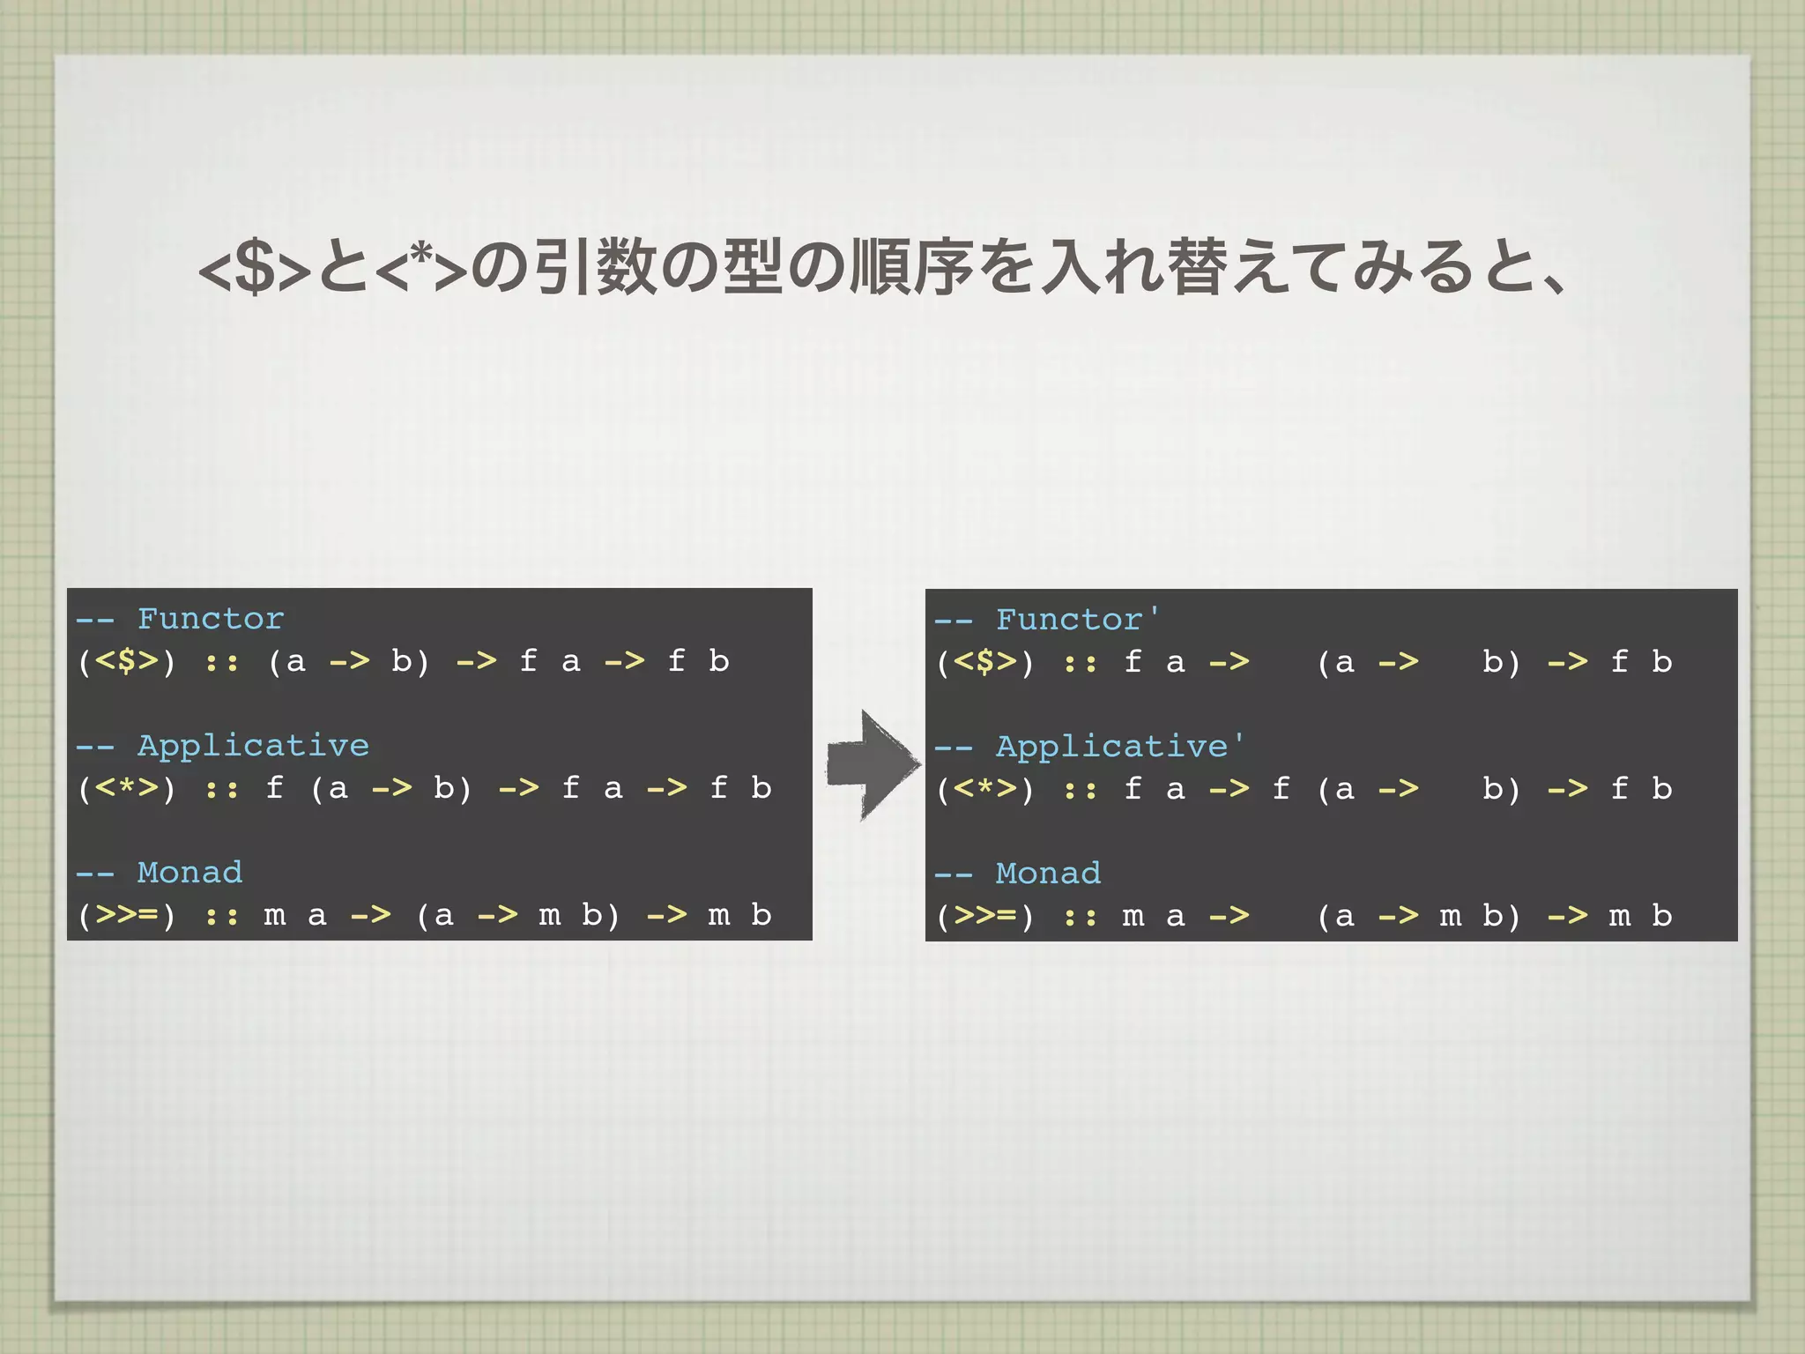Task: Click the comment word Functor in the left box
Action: coord(211,619)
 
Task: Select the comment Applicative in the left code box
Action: coord(253,746)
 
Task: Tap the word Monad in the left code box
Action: coord(189,873)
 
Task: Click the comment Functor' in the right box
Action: coord(1077,620)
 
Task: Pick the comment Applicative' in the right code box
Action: coord(1119,747)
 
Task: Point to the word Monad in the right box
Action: coord(1048,874)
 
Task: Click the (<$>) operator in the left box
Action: coord(127,661)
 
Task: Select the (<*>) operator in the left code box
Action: coord(127,788)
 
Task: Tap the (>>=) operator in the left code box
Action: coord(127,915)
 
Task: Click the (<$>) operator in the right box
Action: coord(985,662)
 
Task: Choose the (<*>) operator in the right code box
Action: coord(985,789)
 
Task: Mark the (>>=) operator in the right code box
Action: coord(985,916)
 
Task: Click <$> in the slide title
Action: coord(255,269)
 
